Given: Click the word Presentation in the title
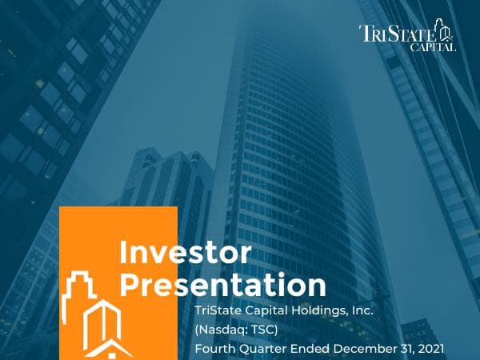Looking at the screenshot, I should point(222,286).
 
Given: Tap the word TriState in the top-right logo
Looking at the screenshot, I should point(398,34).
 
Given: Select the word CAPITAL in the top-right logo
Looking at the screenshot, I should point(435,47).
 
